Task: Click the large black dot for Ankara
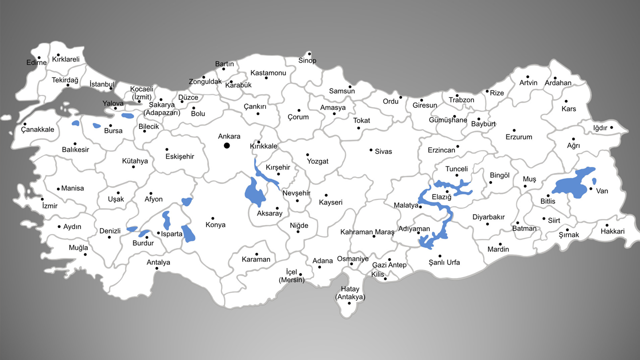tap(226, 145)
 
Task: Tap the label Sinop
tap(307, 61)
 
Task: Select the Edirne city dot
tap(39, 57)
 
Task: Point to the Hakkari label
tap(612, 231)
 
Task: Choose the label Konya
tap(215, 225)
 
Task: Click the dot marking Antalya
tap(157, 268)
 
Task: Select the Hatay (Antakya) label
tap(350, 293)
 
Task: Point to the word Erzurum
tap(518, 137)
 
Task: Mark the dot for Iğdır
tap(611, 127)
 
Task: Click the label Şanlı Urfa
tap(444, 262)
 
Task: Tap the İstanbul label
tap(101, 84)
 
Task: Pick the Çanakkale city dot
tap(24, 124)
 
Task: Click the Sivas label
tap(383, 151)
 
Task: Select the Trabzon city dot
tap(457, 95)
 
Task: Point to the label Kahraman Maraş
tap(367, 232)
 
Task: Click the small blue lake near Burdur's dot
tap(144, 233)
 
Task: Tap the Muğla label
tap(78, 248)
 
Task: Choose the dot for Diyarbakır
tap(487, 223)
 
